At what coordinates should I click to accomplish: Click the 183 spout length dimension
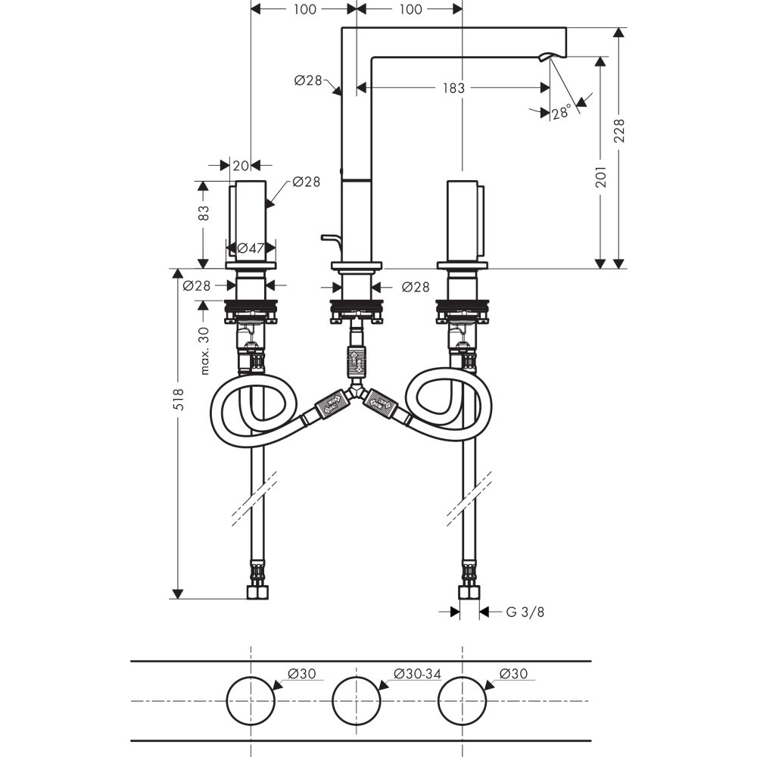click(x=453, y=88)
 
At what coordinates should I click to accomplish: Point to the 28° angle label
click(x=561, y=114)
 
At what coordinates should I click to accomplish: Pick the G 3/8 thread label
click(x=525, y=612)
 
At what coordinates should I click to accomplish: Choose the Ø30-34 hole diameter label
click(x=417, y=673)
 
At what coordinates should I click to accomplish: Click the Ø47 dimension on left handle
click(x=250, y=248)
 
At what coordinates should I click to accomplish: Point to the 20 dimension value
click(x=241, y=165)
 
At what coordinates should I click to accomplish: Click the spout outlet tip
click(x=547, y=58)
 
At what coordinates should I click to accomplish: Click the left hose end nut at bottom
click(x=258, y=590)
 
